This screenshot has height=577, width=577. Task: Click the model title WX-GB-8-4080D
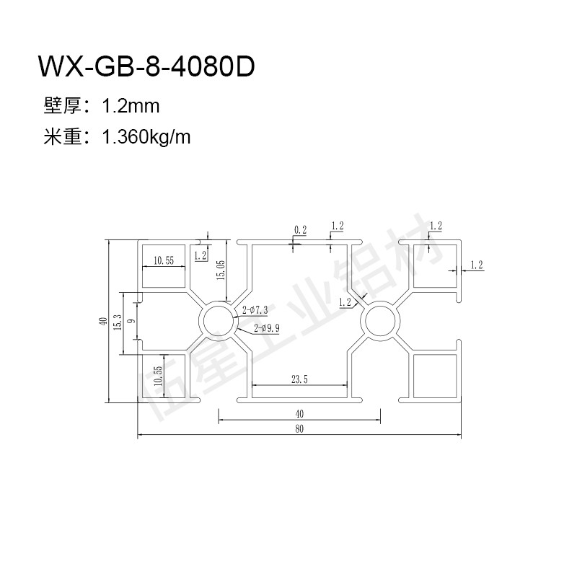click(146, 66)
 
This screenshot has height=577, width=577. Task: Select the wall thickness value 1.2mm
click(131, 106)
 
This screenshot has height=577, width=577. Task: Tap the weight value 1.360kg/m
click(146, 138)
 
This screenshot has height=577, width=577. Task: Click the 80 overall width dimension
click(299, 428)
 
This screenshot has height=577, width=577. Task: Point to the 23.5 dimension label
click(299, 379)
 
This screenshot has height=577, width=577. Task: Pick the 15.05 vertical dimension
click(221, 270)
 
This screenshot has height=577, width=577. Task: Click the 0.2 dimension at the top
click(300, 230)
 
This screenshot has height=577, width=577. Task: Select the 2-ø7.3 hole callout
click(255, 310)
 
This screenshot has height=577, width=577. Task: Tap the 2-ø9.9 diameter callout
click(266, 328)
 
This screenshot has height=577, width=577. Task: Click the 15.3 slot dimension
click(118, 322)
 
